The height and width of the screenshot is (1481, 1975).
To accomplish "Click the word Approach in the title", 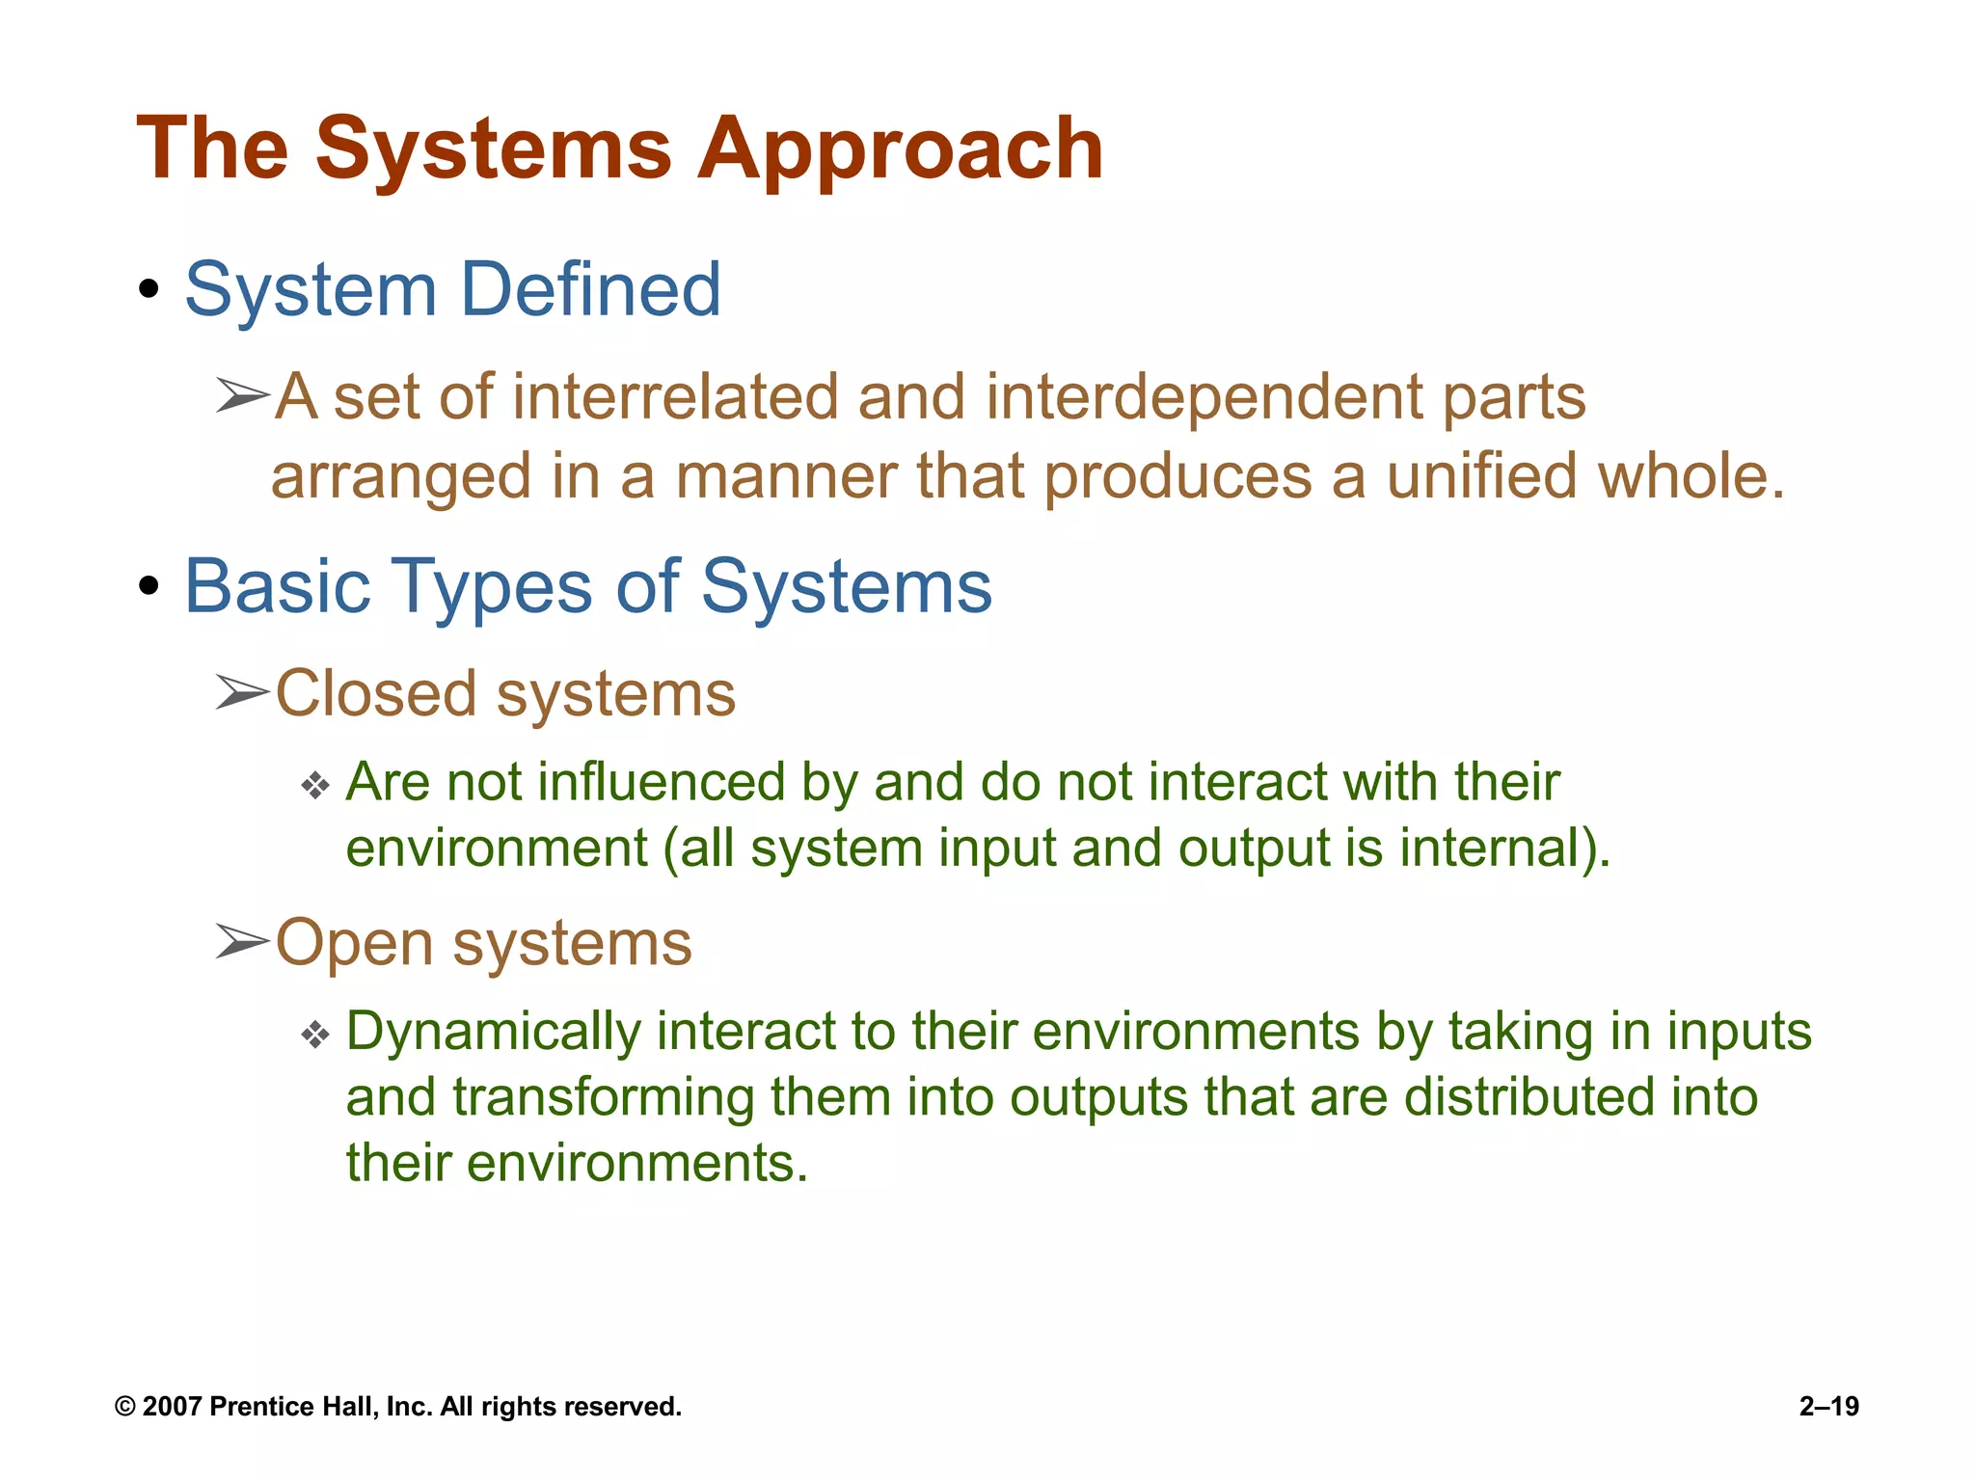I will click(900, 149).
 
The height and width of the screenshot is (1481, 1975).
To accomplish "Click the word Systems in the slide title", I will click(493, 149).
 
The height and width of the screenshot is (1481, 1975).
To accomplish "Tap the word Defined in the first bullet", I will click(590, 289).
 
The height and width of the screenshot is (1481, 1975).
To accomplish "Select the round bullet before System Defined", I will click(148, 289).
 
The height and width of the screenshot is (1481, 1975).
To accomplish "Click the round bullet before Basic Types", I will click(148, 586).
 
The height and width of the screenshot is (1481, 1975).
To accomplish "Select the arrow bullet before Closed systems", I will click(242, 692).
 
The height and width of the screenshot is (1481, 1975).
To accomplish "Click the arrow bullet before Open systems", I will click(242, 941).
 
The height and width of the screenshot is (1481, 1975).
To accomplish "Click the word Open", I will click(354, 943).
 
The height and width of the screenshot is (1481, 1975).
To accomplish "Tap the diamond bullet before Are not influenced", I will click(315, 785).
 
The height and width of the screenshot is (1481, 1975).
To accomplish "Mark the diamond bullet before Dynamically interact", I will click(315, 1036).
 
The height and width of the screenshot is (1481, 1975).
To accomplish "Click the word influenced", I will click(661, 782).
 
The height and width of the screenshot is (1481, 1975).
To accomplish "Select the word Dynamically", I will click(492, 1032).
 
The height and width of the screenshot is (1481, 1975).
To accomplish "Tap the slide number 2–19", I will click(1828, 1407).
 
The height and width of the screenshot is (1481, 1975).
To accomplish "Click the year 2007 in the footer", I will click(172, 1407).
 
